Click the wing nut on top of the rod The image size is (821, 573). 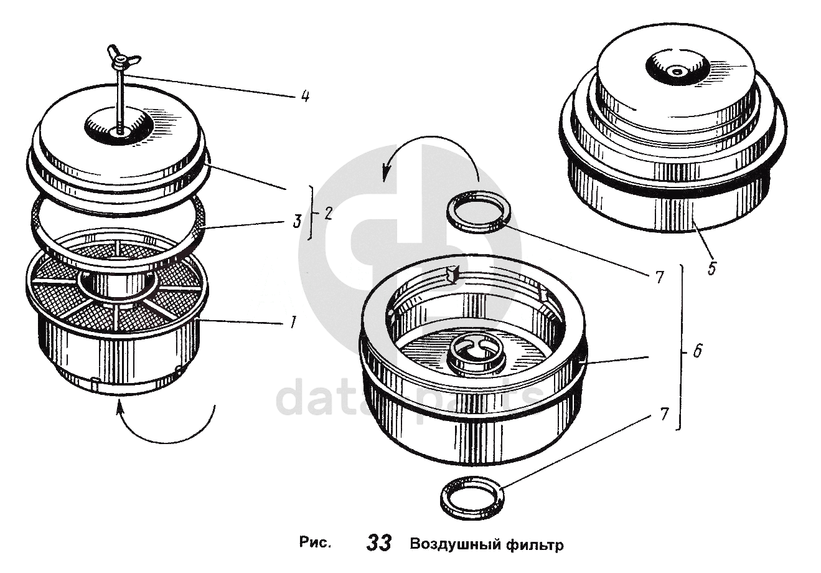coord(123,59)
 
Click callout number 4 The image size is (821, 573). coord(304,97)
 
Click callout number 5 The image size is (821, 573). coord(711,268)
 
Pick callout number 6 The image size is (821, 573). coord(697,352)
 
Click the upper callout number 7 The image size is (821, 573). coord(660,278)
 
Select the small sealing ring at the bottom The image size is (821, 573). coord(471,496)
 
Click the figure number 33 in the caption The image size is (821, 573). coord(378,543)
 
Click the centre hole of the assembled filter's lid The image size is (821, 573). coord(676,72)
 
